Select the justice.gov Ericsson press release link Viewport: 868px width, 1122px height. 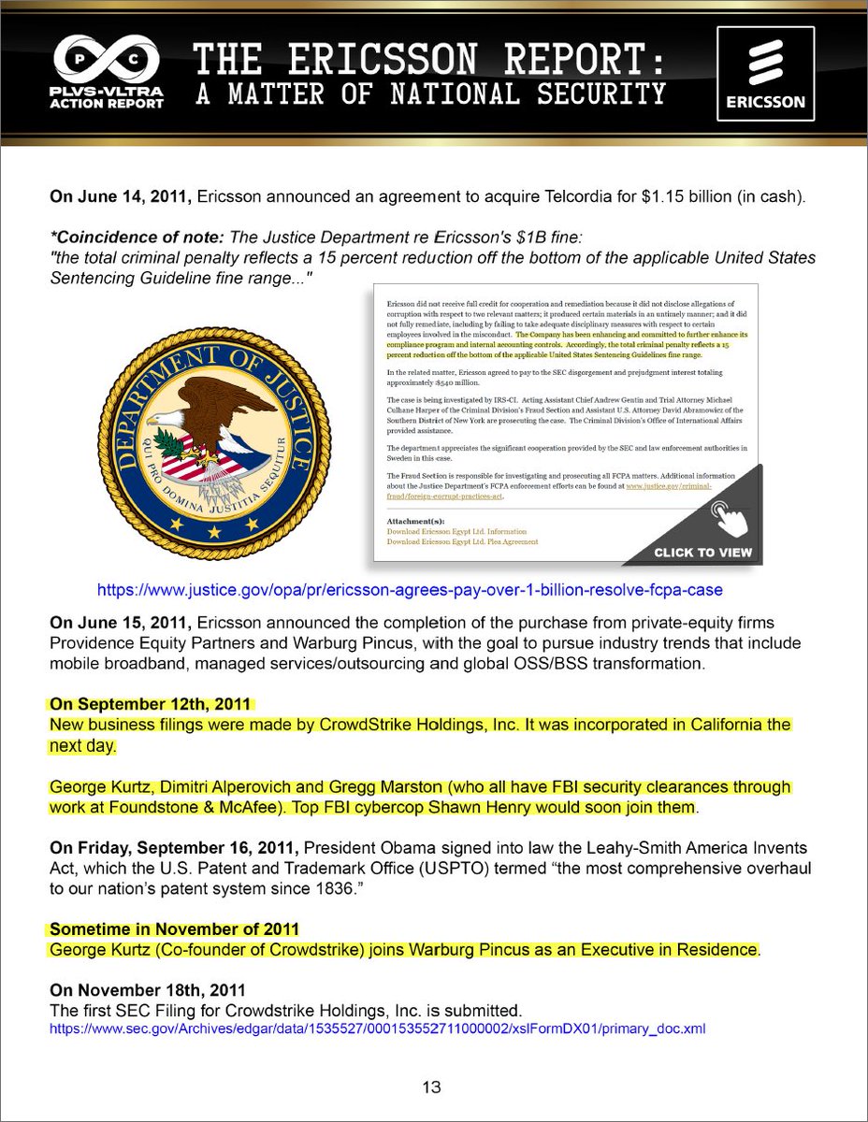pyautogui.click(x=411, y=591)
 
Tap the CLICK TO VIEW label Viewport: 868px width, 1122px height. pyautogui.click(x=702, y=552)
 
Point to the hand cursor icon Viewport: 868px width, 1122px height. pyautogui.click(x=728, y=515)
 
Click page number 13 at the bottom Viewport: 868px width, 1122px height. pyautogui.click(x=431, y=1087)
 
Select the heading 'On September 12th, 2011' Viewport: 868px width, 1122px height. pyautogui.click(x=152, y=703)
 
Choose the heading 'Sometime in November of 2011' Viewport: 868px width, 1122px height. pyautogui.click(x=174, y=928)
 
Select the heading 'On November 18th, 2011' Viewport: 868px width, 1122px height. pyautogui.click(x=149, y=989)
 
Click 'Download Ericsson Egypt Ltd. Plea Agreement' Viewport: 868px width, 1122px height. pyautogui.click(x=462, y=541)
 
